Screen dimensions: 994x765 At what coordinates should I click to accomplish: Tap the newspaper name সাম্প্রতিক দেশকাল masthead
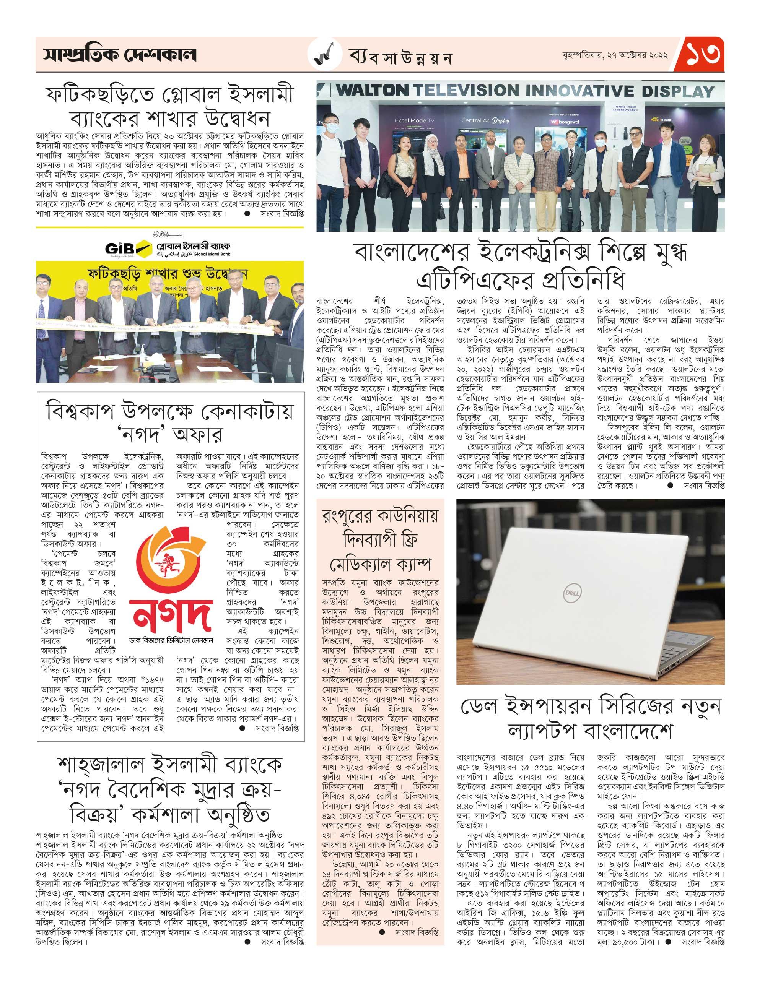pyautogui.click(x=120, y=55)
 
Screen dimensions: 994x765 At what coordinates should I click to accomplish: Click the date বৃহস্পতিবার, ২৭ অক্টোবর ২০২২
pyautogui.click(x=615, y=55)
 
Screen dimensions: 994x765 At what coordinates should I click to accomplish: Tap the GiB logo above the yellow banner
pyautogui.click(x=119, y=249)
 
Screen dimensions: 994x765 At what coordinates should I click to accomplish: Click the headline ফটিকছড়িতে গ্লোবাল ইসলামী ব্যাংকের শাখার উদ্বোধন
pyautogui.click(x=170, y=106)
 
